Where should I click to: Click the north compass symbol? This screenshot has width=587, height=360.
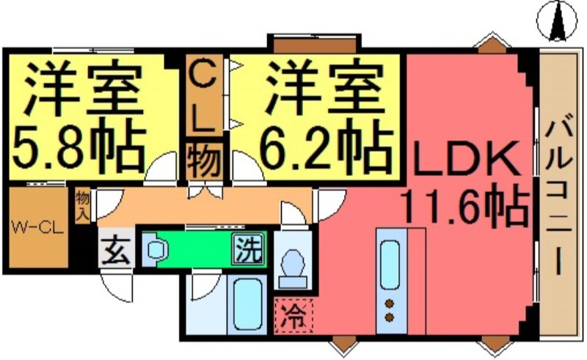555,20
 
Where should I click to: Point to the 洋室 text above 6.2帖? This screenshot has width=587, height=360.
323,88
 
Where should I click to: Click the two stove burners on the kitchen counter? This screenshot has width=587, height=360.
389,310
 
